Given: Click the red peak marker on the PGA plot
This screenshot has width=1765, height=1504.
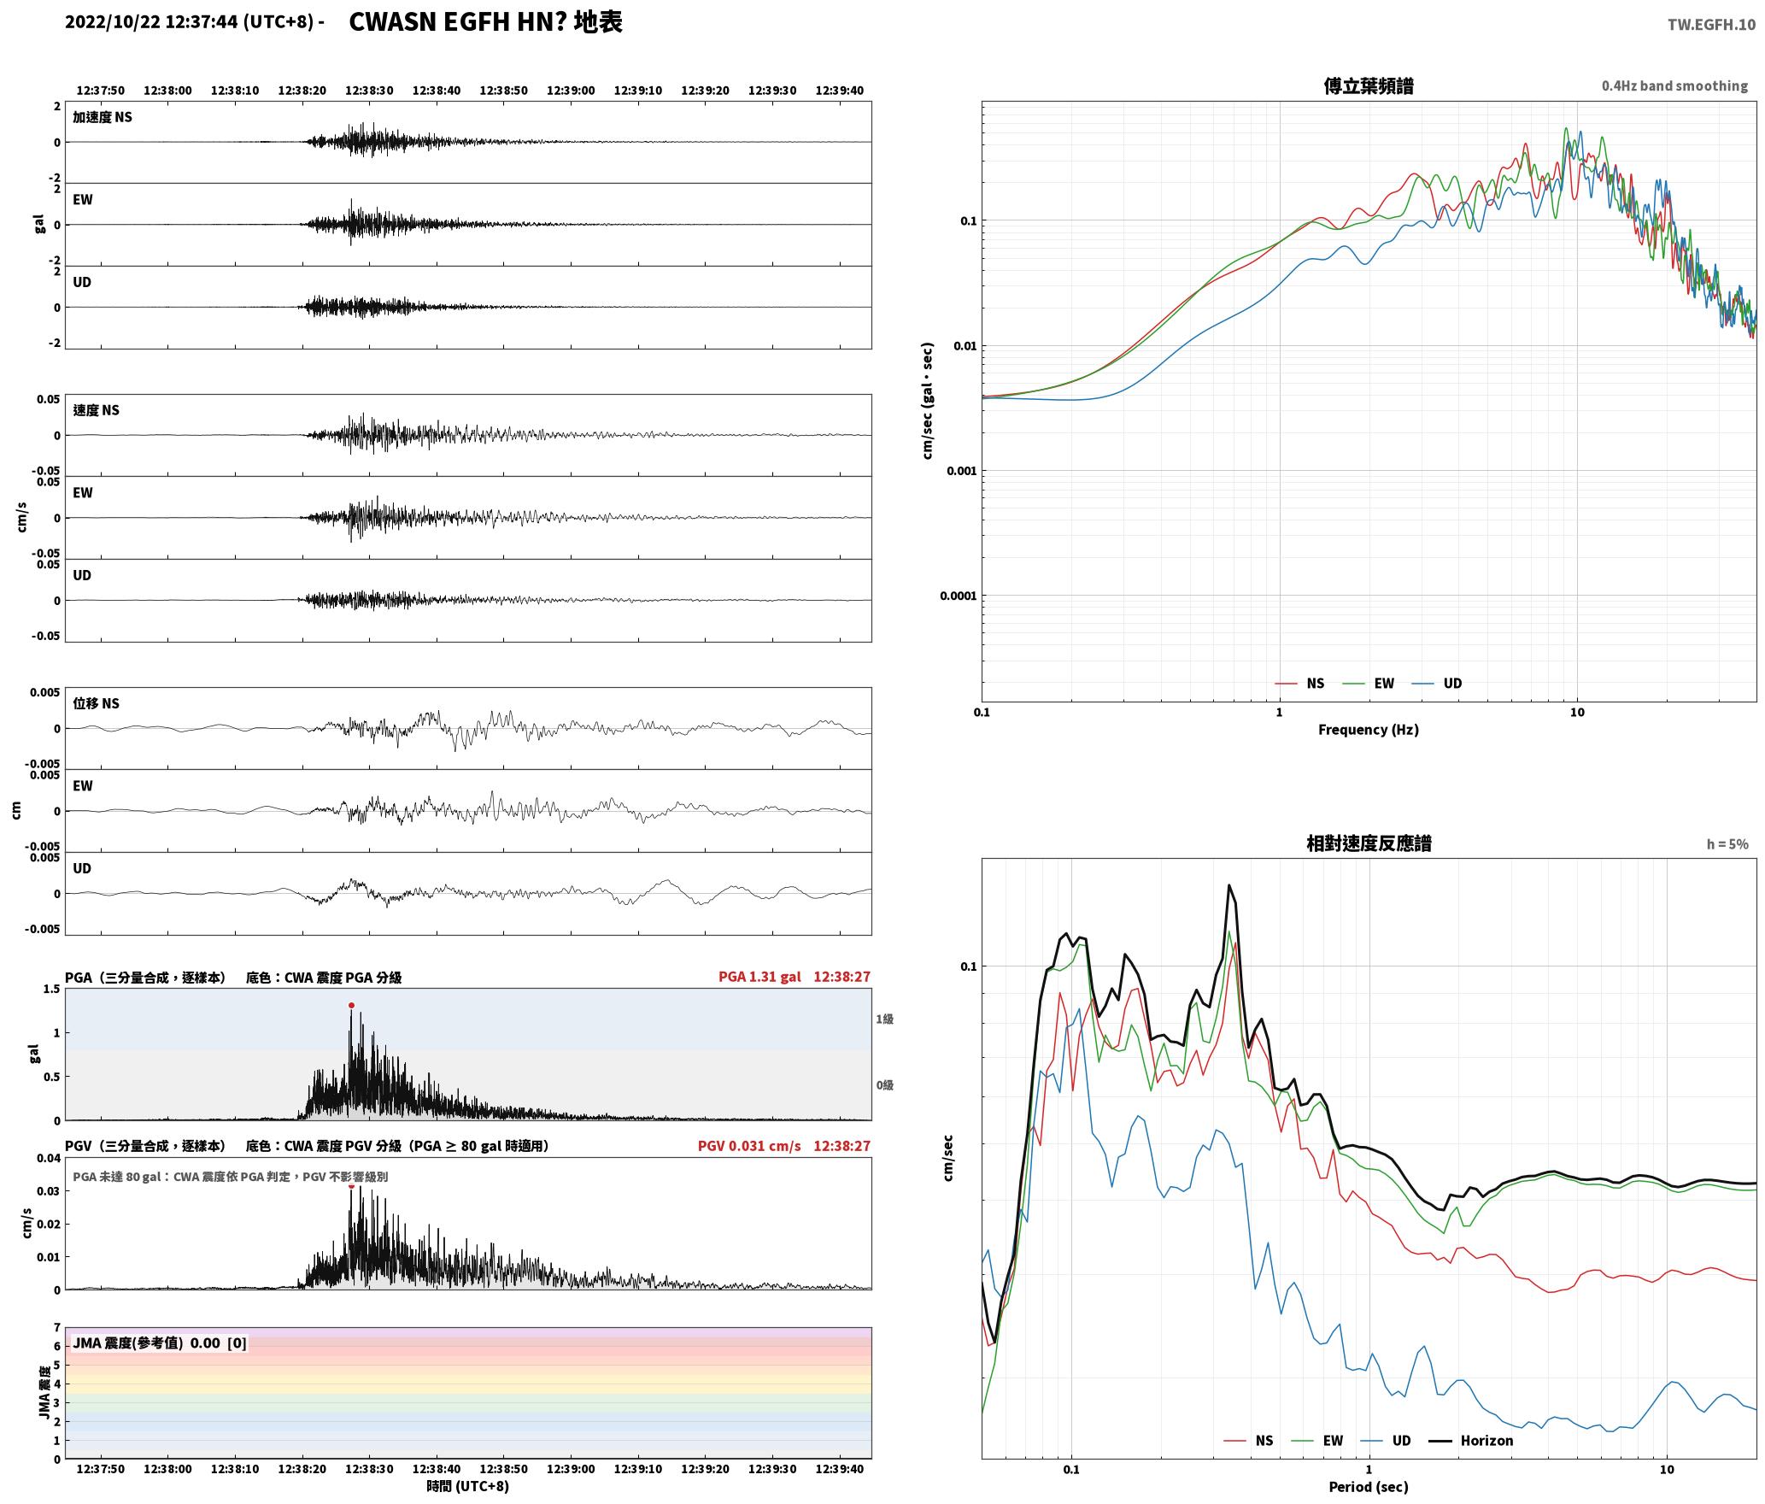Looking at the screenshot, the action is tap(351, 1006).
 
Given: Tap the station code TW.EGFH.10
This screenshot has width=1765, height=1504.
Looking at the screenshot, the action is tap(1711, 24).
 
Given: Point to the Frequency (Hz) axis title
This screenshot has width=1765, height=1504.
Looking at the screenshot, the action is tap(1368, 729).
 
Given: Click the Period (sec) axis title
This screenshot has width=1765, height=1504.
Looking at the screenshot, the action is tap(1368, 1486).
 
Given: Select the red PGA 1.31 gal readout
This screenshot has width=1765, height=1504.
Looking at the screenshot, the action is tap(759, 977).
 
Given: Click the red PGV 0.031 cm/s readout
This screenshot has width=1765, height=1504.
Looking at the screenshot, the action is tap(749, 1146).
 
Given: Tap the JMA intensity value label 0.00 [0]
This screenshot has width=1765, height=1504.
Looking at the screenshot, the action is tap(218, 1342).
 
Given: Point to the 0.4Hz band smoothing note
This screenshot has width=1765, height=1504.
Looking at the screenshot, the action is tap(1674, 85).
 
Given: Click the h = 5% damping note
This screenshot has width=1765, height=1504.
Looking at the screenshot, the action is tap(1727, 843).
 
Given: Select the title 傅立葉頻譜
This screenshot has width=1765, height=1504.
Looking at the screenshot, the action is tap(1368, 85).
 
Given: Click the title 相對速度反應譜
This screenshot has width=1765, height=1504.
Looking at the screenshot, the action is tap(1369, 843).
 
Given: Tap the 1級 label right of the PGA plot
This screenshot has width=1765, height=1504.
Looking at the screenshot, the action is tap(884, 1019).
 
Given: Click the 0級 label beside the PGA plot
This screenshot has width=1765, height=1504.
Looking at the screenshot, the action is tap(884, 1085).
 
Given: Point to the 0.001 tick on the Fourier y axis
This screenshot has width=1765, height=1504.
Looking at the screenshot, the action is tap(961, 471).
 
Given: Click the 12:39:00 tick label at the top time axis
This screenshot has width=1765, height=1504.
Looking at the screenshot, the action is tap(571, 91).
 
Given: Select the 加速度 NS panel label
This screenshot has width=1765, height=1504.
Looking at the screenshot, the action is tap(103, 117).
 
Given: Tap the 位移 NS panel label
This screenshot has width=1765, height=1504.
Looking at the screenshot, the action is tap(96, 703).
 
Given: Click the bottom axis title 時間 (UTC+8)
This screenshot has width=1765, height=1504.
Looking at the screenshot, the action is tap(468, 1486).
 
